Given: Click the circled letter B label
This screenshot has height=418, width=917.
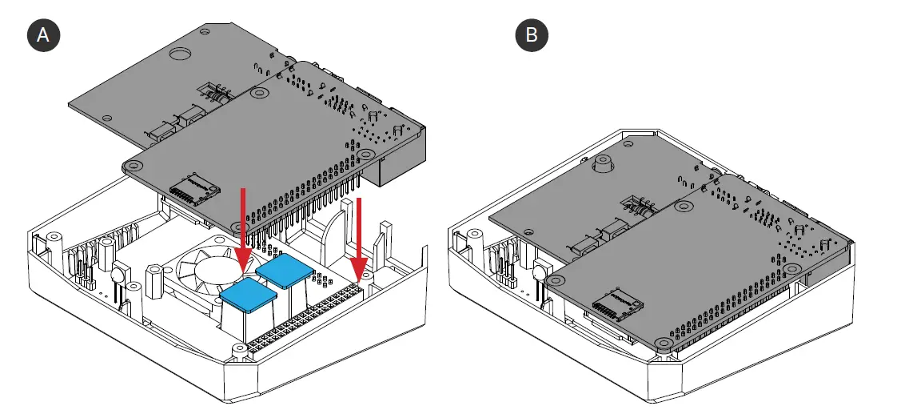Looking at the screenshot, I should (532, 36).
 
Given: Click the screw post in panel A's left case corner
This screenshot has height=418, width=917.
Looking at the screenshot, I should (54, 239).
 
